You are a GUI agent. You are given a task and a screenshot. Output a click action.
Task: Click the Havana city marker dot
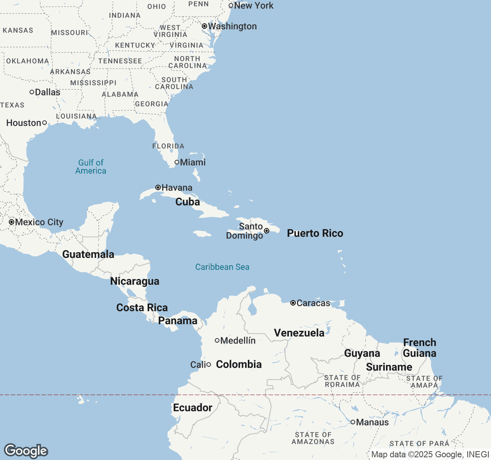pyautogui.click(x=158, y=187)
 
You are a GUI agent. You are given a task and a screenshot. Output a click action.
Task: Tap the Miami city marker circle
pyautogui.click(x=177, y=162)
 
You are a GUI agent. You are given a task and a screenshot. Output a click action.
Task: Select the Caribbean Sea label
pyautogui.click(x=222, y=267)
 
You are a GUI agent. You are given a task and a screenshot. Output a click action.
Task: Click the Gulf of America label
pyautogui.click(x=91, y=167)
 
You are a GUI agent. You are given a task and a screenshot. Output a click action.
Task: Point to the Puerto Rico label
pyautogui.click(x=315, y=233)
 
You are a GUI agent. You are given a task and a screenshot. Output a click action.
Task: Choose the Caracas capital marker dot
pyautogui.click(x=293, y=303)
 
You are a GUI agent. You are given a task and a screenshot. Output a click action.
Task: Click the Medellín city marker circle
pyautogui.click(x=217, y=340)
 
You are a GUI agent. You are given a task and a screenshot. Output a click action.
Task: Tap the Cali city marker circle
pyautogui.click(x=209, y=365)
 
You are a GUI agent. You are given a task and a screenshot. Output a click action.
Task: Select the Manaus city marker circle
pyautogui.click(x=353, y=422)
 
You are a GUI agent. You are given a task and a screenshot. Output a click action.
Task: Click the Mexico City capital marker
pyautogui.click(x=12, y=222)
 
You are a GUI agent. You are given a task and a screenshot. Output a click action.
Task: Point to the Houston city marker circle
pyautogui.click(x=44, y=123)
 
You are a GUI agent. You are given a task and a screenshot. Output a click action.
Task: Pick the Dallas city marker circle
pyautogui.click(x=32, y=92)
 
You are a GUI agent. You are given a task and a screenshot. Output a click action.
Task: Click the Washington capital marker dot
pyautogui.click(x=204, y=26)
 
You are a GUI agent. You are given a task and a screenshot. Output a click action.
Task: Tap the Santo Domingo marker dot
pyautogui.click(x=267, y=231)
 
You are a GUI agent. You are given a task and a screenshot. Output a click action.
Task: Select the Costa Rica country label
pyautogui.click(x=142, y=307)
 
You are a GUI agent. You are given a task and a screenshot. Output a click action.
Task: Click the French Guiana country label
pyautogui.click(x=420, y=348)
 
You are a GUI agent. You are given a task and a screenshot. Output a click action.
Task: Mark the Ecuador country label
pyautogui.click(x=193, y=407)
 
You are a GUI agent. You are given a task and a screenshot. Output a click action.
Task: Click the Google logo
pyautogui.click(x=26, y=451)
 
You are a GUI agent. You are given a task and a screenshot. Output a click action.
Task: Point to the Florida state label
pyautogui.click(x=168, y=146)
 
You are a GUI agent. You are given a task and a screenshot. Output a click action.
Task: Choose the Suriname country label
pyautogui.click(x=389, y=367)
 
